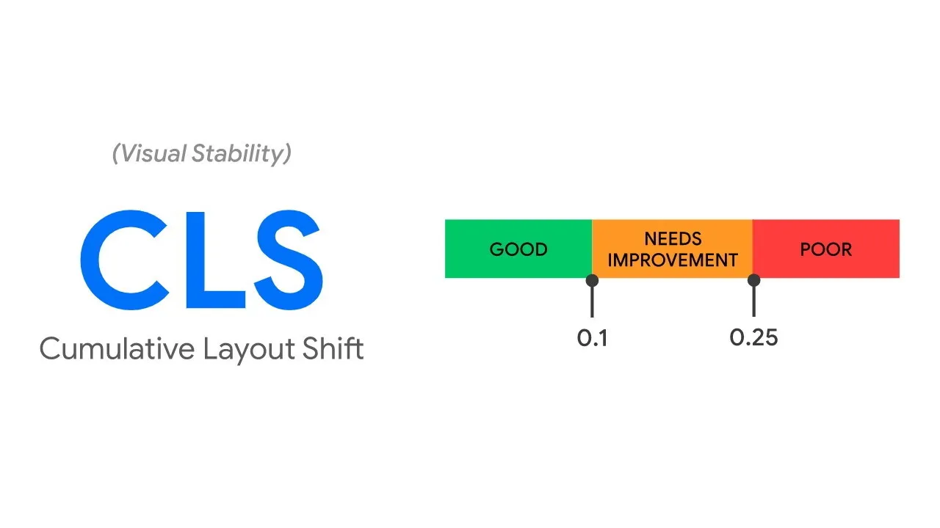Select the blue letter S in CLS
click(x=283, y=260)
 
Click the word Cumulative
click(x=117, y=348)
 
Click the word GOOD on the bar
click(x=518, y=249)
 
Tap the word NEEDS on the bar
click(x=673, y=238)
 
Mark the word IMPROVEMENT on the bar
click(x=673, y=260)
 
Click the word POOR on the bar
click(x=826, y=249)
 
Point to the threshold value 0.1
click(x=592, y=338)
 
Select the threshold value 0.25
click(x=753, y=338)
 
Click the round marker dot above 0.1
click(x=592, y=280)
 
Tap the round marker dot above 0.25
click(x=753, y=280)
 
